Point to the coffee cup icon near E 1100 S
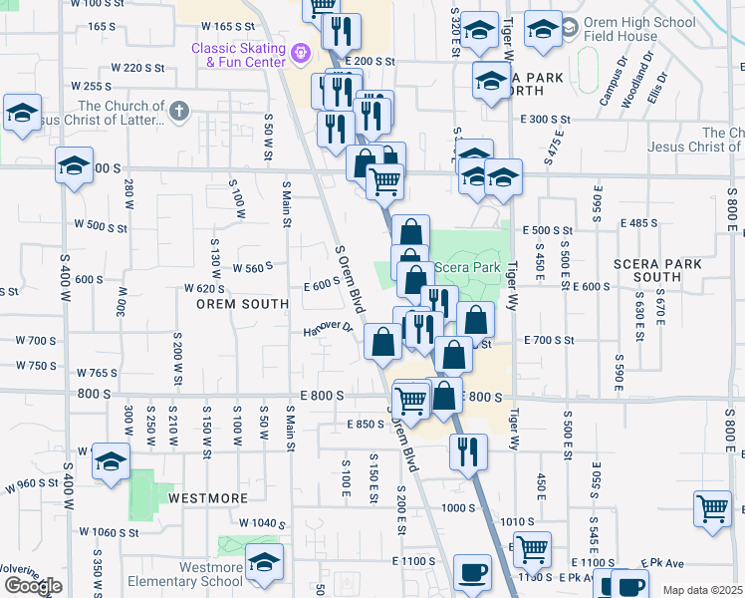(x=472, y=574)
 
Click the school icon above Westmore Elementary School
(x=264, y=562)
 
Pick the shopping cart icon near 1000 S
(x=713, y=508)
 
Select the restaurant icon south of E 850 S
(x=465, y=452)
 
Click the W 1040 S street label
(x=262, y=523)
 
